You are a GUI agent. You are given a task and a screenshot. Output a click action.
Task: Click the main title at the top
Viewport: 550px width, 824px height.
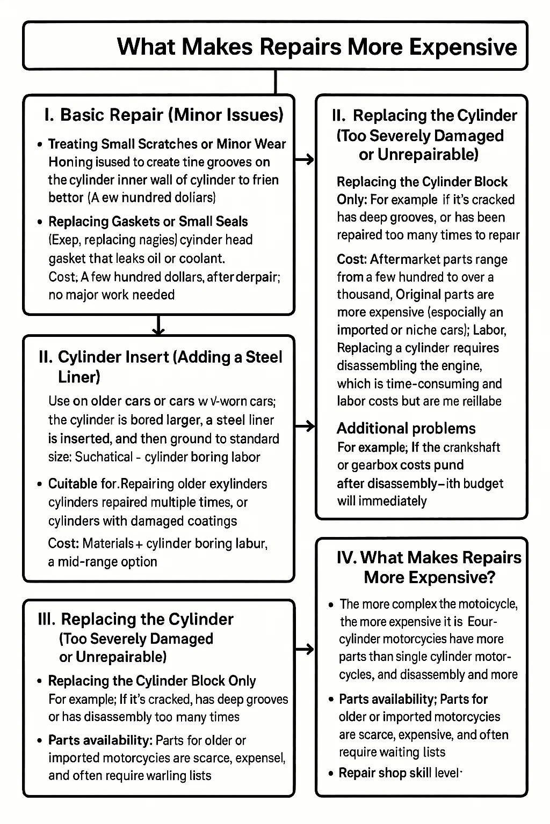316,47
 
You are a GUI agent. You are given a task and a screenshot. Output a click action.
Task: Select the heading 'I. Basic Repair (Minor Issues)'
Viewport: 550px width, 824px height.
164,115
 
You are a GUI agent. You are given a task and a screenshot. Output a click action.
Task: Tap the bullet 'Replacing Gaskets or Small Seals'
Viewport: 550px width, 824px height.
148,222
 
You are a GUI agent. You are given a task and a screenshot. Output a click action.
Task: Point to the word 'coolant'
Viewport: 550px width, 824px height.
201,259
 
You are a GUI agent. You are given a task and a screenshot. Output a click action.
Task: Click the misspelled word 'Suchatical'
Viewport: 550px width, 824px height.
104,457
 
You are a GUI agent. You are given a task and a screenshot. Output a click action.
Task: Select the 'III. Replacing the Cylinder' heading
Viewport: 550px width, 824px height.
136,620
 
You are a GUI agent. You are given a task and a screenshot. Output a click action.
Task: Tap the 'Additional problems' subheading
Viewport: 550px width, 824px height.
406,428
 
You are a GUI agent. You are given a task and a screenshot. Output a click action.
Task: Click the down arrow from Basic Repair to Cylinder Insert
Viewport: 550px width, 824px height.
158,325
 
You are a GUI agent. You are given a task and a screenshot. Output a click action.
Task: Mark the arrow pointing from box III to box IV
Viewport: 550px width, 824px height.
305,649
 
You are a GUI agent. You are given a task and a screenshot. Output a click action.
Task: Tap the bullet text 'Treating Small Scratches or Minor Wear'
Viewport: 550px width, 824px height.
167,144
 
